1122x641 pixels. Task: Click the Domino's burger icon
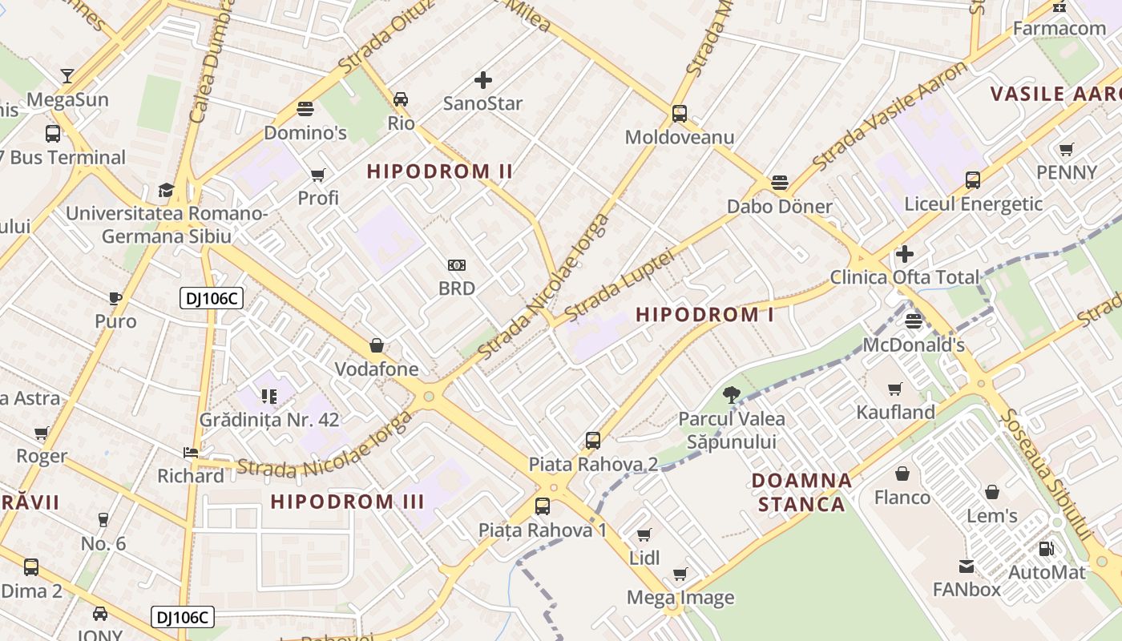(305, 108)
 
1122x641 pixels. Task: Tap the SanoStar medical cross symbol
(482, 79)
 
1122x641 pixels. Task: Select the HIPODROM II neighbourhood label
(440, 171)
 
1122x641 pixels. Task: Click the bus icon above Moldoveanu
(679, 113)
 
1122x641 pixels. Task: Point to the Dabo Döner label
(779, 206)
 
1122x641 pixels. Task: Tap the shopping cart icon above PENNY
(1066, 149)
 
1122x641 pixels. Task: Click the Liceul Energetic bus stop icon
(972, 180)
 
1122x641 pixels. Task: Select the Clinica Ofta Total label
(904, 277)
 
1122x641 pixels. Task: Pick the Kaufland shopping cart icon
(895, 389)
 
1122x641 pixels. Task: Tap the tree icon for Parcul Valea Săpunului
(731, 394)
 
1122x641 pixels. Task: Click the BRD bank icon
(456, 265)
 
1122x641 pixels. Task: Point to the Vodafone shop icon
(376, 345)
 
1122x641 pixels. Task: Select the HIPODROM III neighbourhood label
(347, 502)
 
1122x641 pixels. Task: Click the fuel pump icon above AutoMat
(1046, 549)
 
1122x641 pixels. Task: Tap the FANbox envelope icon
(966, 566)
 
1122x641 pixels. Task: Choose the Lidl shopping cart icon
(644, 534)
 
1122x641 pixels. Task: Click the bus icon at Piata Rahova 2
(592, 440)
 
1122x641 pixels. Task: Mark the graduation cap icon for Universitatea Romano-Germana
(166, 190)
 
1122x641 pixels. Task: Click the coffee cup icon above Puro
(115, 298)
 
